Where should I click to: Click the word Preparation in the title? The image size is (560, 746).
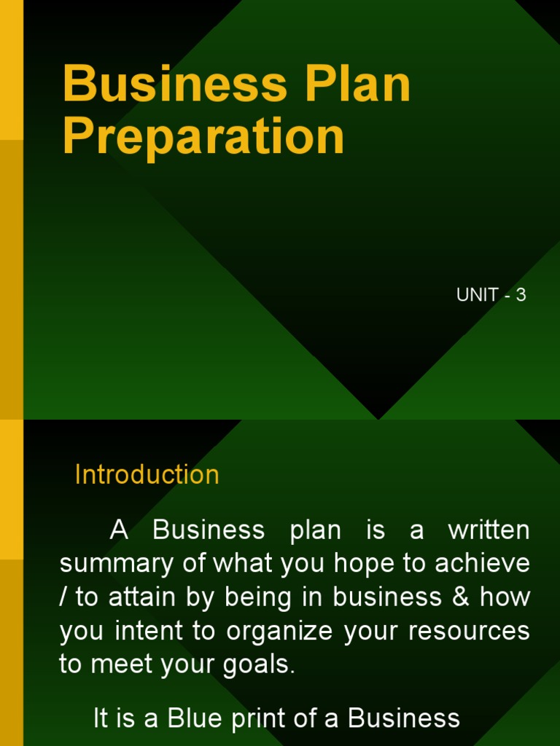point(203,136)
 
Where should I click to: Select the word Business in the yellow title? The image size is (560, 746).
point(175,84)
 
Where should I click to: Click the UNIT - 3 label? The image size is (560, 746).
point(491,295)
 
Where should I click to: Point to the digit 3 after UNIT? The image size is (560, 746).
point(521,295)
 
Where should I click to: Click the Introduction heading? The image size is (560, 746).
point(147,475)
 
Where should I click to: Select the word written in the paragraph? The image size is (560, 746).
point(489,530)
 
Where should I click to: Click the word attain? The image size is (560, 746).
point(136,597)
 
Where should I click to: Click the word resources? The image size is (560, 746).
point(469,631)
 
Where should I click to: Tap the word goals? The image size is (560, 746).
point(262,665)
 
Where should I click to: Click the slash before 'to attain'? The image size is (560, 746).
point(63,597)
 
